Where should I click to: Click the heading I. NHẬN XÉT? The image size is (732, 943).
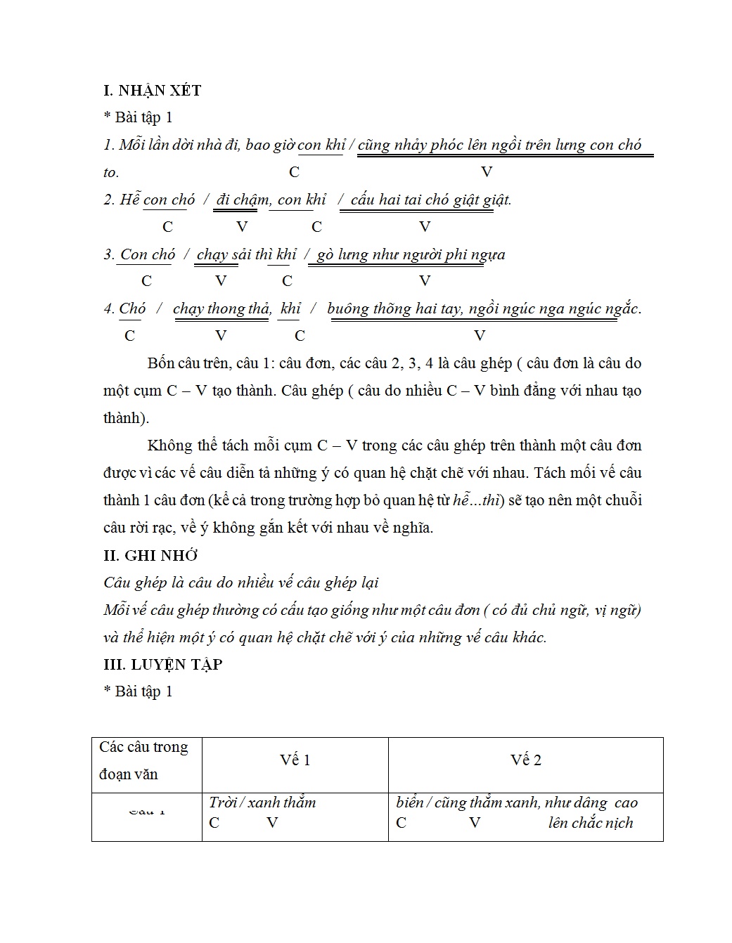[x=152, y=91]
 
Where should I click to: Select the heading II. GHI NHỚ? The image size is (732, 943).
[x=150, y=556]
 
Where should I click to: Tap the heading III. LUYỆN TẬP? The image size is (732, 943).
[x=162, y=665]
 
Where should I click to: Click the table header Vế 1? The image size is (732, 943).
[x=295, y=760]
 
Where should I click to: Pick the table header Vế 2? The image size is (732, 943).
[x=525, y=760]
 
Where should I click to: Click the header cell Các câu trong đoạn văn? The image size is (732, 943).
[x=143, y=760]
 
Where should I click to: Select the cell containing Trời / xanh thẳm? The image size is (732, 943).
[x=262, y=802]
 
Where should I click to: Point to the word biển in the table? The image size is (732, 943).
[x=409, y=802]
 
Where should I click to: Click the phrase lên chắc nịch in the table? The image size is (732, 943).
[x=590, y=823]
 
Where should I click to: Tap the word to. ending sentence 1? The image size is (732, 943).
[x=111, y=173]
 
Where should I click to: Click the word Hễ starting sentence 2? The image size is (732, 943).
[x=129, y=200]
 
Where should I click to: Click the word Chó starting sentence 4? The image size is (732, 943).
[x=132, y=308]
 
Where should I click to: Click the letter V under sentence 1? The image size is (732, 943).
[x=486, y=172]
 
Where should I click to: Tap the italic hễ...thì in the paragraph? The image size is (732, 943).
[x=476, y=500]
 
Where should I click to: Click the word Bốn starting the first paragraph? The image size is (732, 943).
[x=160, y=363]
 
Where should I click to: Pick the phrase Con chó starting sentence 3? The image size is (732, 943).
[x=148, y=254]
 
